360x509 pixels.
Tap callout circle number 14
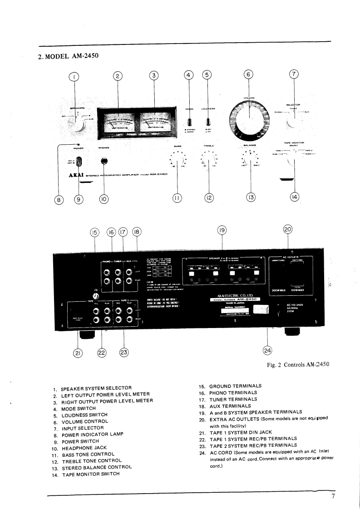(294, 197)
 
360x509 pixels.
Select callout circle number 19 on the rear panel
(222, 230)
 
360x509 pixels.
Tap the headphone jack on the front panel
(104, 161)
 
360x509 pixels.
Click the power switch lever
(79, 162)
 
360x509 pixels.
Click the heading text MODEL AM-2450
(67, 56)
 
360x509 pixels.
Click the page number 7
(333, 496)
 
